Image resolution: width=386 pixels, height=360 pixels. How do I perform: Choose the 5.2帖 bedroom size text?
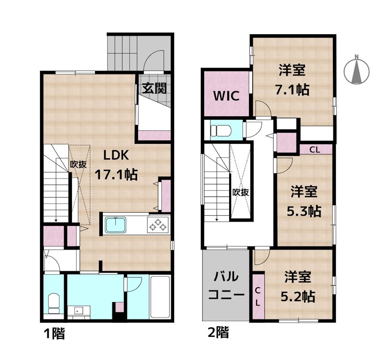tap(299, 296)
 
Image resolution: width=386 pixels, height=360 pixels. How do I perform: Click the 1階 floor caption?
tap(54, 333)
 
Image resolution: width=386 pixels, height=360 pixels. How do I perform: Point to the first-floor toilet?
tap(54, 304)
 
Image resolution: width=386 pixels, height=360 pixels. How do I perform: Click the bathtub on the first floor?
tap(160, 296)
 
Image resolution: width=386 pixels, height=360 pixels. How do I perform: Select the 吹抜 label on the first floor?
tap(79, 164)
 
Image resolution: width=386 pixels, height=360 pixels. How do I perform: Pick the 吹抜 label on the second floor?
tap(240, 192)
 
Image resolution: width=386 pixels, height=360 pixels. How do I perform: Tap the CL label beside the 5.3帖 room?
tap(315, 149)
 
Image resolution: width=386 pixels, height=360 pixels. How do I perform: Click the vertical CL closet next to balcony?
tap(258, 296)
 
